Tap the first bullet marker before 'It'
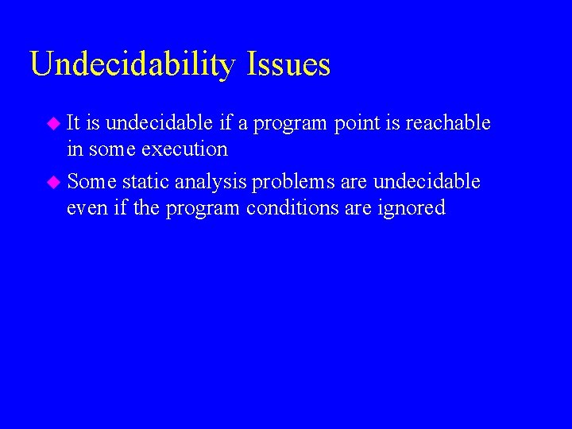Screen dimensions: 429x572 coord(53,123)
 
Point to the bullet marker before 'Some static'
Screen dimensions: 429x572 coord(53,182)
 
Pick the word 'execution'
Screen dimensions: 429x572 coord(185,149)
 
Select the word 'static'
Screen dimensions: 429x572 coord(145,182)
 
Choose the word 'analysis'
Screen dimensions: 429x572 coord(211,183)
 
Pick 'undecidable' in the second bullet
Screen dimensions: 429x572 coord(427,182)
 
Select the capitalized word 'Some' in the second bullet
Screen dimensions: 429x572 coord(91,182)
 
